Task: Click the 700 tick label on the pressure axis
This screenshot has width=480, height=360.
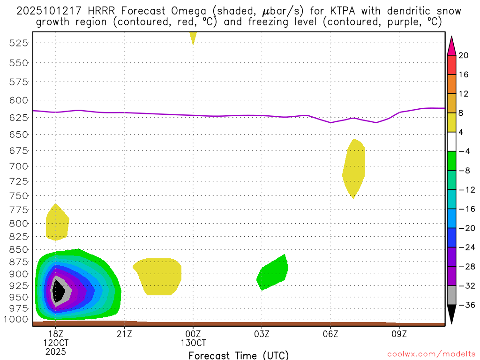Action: (x=19, y=166)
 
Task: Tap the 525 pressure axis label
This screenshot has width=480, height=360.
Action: (x=19, y=43)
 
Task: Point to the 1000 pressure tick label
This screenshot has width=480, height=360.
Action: (x=17, y=319)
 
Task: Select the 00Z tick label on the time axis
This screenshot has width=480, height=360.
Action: (x=193, y=334)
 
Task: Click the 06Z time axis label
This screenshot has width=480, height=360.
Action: (x=330, y=334)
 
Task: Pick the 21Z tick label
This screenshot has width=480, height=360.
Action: (x=124, y=334)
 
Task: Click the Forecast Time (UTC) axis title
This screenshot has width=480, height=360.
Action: (x=239, y=355)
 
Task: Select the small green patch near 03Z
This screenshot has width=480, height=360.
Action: (x=273, y=273)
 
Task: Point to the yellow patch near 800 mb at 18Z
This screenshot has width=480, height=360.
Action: (x=57, y=224)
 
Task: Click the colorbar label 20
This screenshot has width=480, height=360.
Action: (x=464, y=55)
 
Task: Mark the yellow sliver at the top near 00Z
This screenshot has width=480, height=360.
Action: (x=193, y=37)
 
